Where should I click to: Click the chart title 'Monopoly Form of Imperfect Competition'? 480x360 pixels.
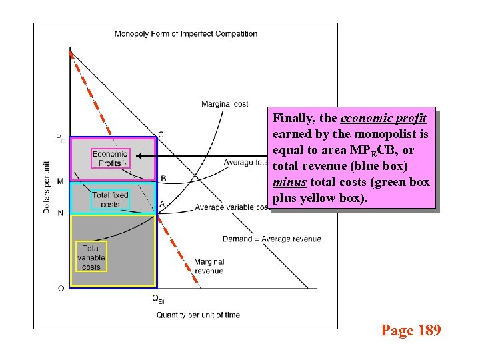[186, 34]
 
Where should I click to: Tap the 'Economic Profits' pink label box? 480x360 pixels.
[110, 159]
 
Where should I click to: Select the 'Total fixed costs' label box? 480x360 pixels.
[110, 199]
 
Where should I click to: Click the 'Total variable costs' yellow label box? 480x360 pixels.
[91, 257]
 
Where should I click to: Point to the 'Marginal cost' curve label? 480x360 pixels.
[225, 104]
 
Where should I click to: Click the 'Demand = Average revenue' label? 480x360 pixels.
[272, 239]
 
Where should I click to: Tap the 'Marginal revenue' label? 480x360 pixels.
[209, 266]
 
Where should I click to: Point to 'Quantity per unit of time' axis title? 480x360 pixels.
[198, 315]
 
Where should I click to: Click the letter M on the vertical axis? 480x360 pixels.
[61, 181]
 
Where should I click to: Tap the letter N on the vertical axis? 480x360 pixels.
[61, 213]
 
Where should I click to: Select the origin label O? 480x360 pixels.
[61, 288]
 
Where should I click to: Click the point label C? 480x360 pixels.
[161, 135]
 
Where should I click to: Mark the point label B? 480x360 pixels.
[163, 178]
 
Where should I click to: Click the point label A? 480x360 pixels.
[162, 203]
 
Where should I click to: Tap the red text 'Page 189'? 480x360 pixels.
[411, 330]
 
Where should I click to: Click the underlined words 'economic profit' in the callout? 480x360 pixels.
[383, 119]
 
